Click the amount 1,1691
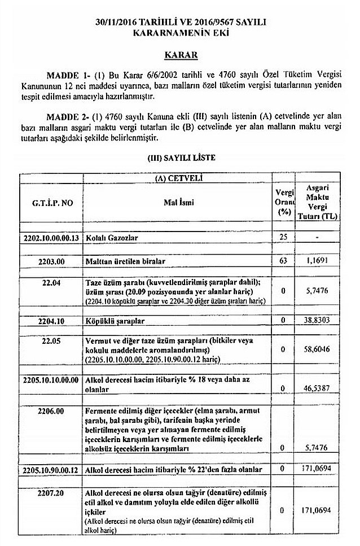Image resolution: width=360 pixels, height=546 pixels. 318,261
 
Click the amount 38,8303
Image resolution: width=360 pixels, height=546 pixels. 318,320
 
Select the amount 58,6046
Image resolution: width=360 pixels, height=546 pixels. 318,350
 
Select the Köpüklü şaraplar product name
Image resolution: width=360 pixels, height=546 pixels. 116,321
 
